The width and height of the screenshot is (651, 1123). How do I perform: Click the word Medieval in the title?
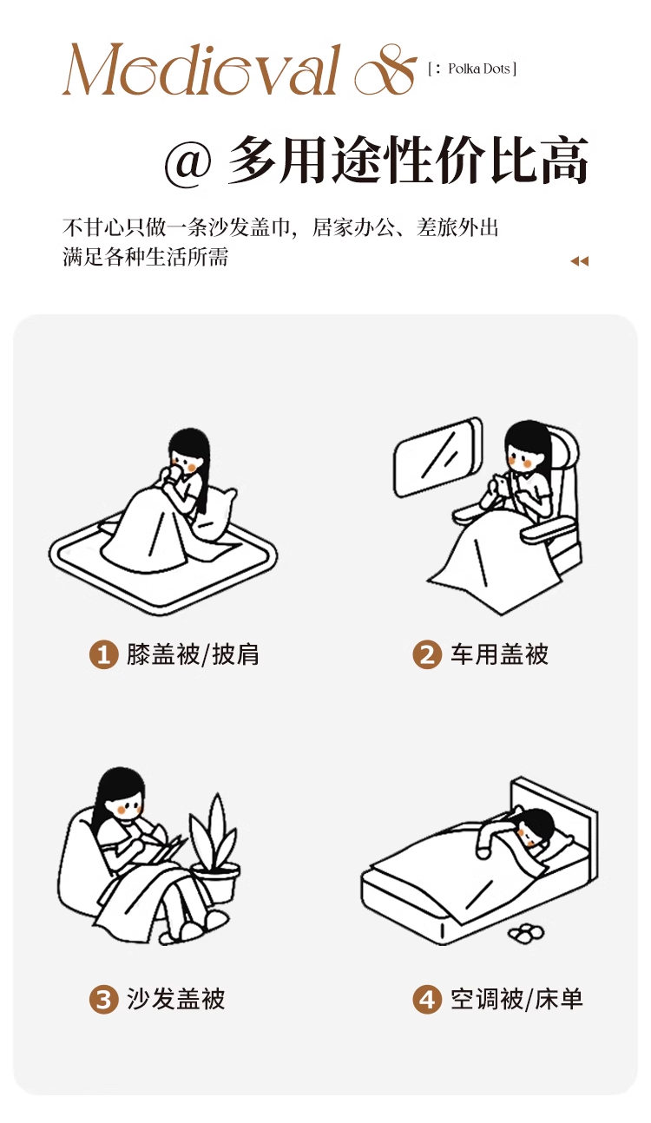[x=201, y=69]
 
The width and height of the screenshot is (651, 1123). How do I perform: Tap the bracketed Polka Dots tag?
[x=472, y=69]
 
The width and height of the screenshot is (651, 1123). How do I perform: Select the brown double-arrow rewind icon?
[x=579, y=260]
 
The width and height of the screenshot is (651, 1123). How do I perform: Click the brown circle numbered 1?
[x=104, y=654]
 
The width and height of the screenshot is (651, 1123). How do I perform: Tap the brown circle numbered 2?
[x=427, y=654]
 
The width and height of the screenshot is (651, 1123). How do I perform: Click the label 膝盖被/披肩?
[x=193, y=654]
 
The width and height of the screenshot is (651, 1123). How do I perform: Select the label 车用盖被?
[x=500, y=654]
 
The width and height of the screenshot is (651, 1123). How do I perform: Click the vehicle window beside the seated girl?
[x=437, y=456]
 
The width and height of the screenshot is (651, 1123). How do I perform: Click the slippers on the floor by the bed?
[x=526, y=932]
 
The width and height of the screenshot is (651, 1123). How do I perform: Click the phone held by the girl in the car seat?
[x=499, y=483]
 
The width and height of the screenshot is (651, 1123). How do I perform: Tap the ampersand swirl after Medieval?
[x=385, y=70]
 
